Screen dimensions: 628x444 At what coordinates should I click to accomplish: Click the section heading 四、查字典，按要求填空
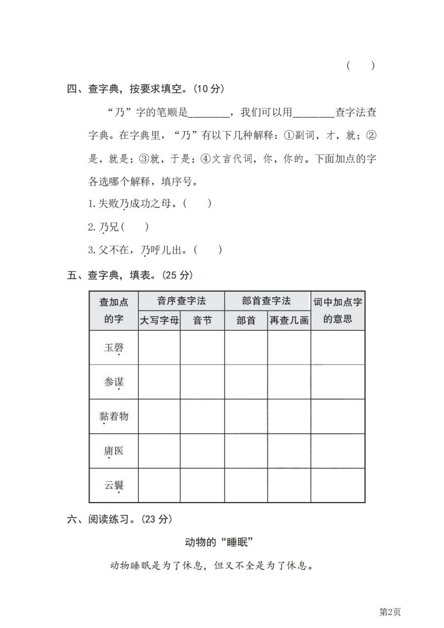[146, 88]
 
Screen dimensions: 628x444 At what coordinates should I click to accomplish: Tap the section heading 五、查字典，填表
[130, 275]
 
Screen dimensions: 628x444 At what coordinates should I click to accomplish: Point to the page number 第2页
[390, 612]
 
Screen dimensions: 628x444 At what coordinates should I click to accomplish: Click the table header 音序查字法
[181, 301]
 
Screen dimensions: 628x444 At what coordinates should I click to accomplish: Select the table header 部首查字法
[267, 301]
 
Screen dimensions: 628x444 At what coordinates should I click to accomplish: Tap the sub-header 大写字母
[160, 321]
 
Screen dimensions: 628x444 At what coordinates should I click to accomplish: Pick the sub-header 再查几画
[289, 321]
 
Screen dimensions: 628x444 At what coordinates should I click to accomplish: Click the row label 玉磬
[114, 348]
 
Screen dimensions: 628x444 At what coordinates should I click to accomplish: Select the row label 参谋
[114, 382]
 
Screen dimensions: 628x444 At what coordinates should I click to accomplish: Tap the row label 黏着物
[114, 416]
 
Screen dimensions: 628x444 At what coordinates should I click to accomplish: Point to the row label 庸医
[114, 451]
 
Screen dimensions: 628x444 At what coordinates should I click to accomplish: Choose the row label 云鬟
[114, 485]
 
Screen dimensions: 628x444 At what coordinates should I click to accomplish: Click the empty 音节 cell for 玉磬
[202, 348]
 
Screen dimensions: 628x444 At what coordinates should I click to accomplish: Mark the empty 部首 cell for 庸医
[246, 451]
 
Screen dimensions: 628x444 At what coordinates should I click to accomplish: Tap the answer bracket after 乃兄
[138, 227]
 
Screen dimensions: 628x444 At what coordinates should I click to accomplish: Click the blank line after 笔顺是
[208, 113]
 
